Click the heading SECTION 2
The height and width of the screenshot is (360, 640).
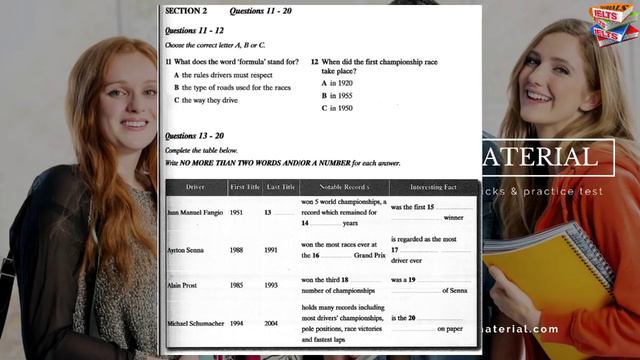click(x=186, y=11)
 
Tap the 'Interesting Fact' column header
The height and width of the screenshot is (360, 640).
click(x=429, y=187)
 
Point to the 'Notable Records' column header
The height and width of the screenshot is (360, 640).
click(x=343, y=187)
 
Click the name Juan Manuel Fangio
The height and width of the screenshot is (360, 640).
click(x=194, y=212)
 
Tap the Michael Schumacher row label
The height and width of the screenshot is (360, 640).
click(x=197, y=324)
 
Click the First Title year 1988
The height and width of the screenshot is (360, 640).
click(x=237, y=250)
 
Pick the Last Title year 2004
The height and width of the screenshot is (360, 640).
click(x=272, y=324)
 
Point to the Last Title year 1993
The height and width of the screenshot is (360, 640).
click(x=272, y=285)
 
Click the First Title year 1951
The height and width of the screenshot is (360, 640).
click(x=237, y=212)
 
